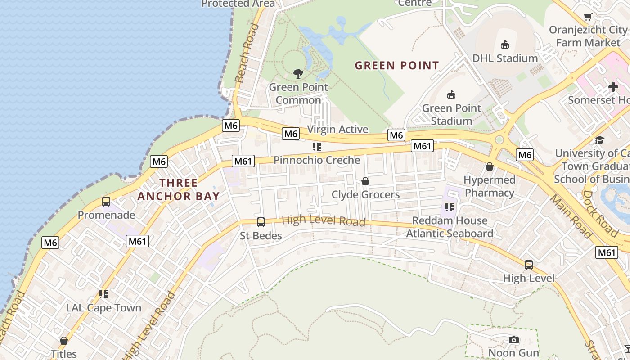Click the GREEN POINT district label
(x=396, y=66)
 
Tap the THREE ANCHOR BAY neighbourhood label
(x=179, y=189)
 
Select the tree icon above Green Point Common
(x=298, y=73)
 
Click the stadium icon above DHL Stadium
(x=505, y=45)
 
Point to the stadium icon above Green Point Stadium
(x=451, y=94)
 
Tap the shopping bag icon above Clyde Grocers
(x=365, y=181)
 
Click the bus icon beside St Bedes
(x=261, y=222)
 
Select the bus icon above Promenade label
(x=106, y=202)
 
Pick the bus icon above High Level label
(x=529, y=265)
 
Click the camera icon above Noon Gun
(x=513, y=340)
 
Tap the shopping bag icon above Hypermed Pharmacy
(x=490, y=166)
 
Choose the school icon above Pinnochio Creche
(x=317, y=147)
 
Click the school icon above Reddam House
(x=449, y=207)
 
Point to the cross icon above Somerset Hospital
(x=613, y=87)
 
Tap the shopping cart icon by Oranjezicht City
(x=588, y=17)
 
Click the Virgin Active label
(x=337, y=130)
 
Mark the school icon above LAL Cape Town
(x=103, y=294)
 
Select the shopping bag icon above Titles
(x=64, y=341)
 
